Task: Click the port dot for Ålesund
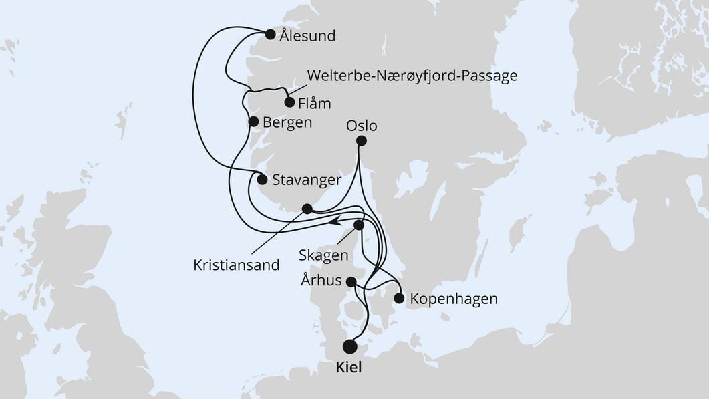[x=270, y=35]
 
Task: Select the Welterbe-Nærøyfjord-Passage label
[x=412, y=76]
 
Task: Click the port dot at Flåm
[x=289, y=102]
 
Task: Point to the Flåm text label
[x=315, y=104]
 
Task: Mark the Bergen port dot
[x=253, y=122]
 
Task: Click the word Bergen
[x=288, y=122]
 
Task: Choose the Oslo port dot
[x=362, y=140]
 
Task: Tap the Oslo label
[x=362, y=125]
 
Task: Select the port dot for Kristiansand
[x=307, y=209]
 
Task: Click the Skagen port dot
[x=359, y=225]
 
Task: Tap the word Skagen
[x=325, y=255]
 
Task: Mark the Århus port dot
[x=351, y=282]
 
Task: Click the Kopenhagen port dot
[x=399, y=298]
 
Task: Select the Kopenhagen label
[x=454, y=299]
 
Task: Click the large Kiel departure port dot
[x=349, y=346]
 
